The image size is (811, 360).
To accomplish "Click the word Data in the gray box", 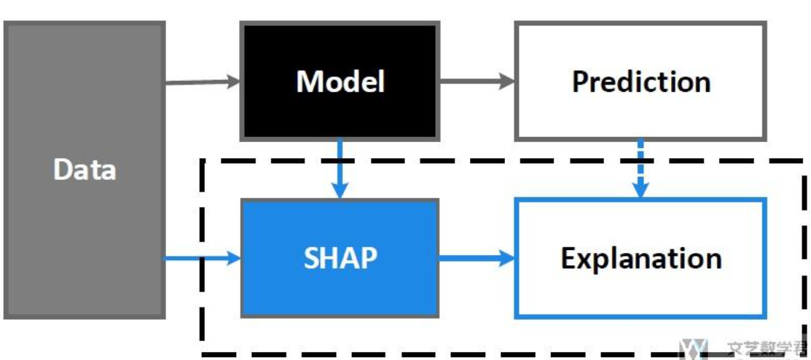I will (x=85, y=170).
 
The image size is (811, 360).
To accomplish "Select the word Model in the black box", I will (x=340, y=81).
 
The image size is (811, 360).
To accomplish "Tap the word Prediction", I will (x=640, y=81).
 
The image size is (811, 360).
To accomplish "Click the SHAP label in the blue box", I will (x=340, y=258).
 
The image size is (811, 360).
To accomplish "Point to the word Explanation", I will (x=640, y=258).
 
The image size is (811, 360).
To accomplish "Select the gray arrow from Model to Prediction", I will (x=477, y=82).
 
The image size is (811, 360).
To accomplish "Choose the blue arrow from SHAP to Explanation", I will (x=477, y=258).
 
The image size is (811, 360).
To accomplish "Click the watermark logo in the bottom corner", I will (x=693, y=350).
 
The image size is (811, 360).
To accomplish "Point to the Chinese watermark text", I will (x=765, y=351).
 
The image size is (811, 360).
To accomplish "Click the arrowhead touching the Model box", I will (x=233, y=82).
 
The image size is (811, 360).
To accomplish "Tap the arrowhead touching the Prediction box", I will (x=507, y=82).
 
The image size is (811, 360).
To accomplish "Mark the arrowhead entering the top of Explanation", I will (x=640, y=190).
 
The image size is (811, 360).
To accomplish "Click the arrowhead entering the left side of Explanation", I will (x=507, y=258).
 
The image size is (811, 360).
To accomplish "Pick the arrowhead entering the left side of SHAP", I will (x=233, y=258).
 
